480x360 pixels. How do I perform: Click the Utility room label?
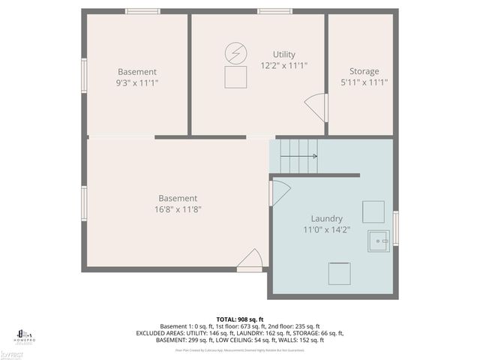(284, 54)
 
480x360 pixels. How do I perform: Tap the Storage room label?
(364, 71)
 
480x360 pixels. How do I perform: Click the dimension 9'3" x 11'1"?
(137, 82)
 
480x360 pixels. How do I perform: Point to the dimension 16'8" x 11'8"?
(178, 209)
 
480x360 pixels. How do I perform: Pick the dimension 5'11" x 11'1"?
(364, 82)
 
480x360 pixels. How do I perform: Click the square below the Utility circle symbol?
(235, 76)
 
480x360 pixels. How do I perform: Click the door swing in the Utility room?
(316, 106)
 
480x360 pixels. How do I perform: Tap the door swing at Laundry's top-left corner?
(280, 191)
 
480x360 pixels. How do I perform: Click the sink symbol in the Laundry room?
(379, 241)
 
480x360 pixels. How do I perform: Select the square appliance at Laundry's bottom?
(339, 273)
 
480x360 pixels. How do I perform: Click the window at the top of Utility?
(274, 11)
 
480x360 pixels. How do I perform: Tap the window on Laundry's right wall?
(396, 228)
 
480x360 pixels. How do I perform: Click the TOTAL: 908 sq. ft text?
(240, 319)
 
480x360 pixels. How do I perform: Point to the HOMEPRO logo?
(25, 335)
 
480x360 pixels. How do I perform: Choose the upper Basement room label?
(137, 71)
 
